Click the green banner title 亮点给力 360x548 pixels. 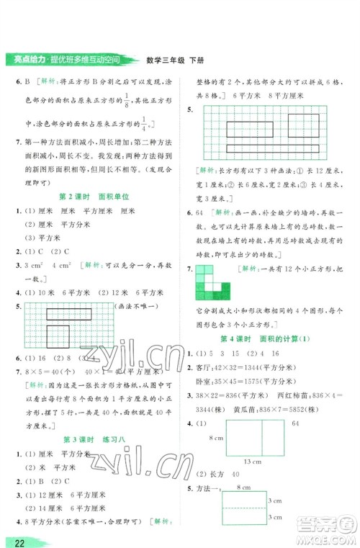click(x=27, y=58)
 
